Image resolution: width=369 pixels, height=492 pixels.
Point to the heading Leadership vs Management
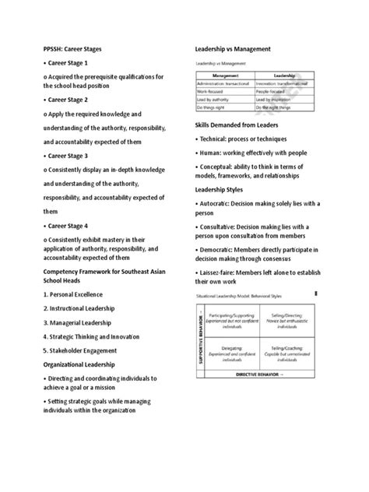click(x=232, y=48)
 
